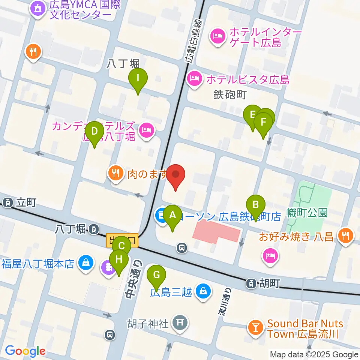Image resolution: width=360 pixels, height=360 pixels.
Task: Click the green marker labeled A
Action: [x=172, y=216]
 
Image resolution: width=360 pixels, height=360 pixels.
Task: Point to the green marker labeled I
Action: [x=138, y=79]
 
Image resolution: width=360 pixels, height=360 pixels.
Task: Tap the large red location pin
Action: [x=175, y=175]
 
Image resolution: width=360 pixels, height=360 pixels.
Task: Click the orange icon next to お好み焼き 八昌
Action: [x=344, y=236]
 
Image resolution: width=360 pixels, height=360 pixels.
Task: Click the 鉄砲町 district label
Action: [x=230, y=94]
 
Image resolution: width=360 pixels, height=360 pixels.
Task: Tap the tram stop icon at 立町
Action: [x=7, y=203]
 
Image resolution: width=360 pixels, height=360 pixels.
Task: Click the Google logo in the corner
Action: [x=25, y=351]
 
